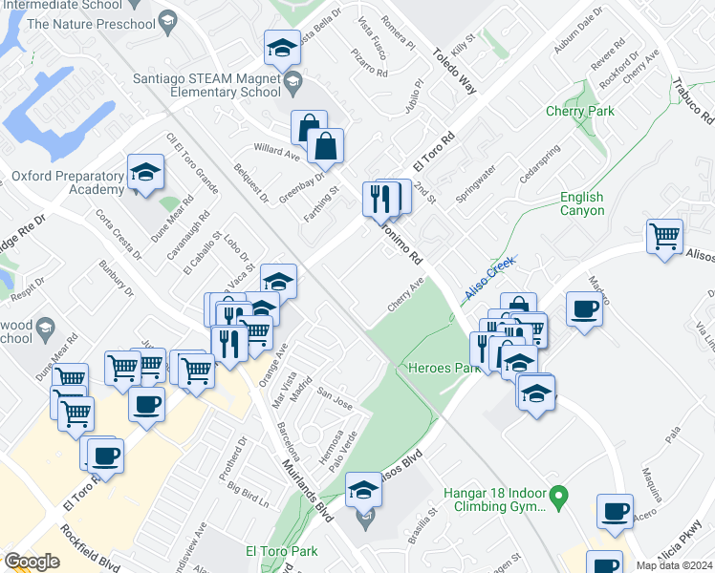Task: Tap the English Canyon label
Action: click(581, 203)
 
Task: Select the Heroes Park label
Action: click(443, 368)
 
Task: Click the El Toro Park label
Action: click(281, 550)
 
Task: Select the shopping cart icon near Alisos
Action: click(664, 235)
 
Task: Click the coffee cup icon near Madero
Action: click(584, 309)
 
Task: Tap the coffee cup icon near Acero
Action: click(615, 511)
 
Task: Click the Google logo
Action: click(32, 562)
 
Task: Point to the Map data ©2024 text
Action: click(674, 565)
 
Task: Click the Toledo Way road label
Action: click(454, 72)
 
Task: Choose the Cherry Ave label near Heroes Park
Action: click(405, 295)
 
